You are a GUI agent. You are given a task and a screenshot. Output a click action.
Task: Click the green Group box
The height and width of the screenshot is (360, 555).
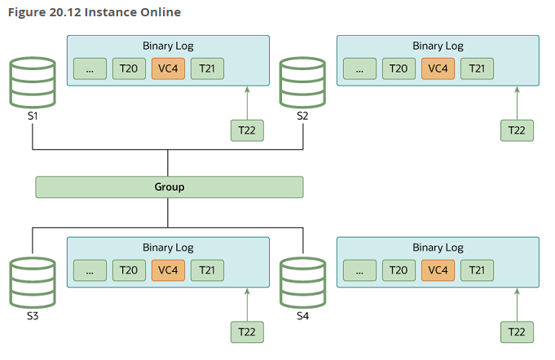(x=170, y=187)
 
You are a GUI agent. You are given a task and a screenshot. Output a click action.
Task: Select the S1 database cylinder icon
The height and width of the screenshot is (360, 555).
(x=33, y=82)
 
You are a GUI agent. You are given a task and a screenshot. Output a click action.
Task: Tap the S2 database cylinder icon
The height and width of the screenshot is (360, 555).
(x=302, y=82)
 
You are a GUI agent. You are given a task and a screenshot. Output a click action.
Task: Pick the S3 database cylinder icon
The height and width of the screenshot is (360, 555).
(x=33, y=283)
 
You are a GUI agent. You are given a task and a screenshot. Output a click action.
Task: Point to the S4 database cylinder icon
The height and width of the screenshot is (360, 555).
(x=302, y=283)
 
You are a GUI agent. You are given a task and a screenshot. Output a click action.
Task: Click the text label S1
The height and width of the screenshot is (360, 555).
(x=33, y=116)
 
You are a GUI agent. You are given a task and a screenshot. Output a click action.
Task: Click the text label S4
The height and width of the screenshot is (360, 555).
(x=302, y=316)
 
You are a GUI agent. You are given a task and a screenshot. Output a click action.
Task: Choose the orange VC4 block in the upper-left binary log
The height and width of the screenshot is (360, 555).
(x=168, y=68)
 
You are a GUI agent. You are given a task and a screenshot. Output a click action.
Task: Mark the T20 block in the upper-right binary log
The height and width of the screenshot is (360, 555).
(x=399, y=68)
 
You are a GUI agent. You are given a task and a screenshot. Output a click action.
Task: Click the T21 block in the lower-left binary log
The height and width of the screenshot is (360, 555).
(x=207, y=270)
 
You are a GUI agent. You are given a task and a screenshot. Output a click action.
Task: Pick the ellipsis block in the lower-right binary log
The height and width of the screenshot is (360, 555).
(x=359, y=270)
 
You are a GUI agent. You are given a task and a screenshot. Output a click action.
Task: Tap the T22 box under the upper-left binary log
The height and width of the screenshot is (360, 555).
(x=247, y=130)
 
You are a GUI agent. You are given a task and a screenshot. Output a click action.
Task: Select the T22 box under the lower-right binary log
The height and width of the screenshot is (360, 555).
(x=517, y=332)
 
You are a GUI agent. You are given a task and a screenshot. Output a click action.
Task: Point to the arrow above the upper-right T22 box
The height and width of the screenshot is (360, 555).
(x=517, y=103)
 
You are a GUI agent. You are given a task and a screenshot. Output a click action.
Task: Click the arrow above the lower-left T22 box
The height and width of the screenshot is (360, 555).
(x=247, y=305)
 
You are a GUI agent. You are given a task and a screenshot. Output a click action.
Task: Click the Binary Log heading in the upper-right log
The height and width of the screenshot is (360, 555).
(x=438, y=46)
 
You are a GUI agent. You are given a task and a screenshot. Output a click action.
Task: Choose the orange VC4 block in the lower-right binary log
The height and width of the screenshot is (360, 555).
(x=438, y=270)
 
